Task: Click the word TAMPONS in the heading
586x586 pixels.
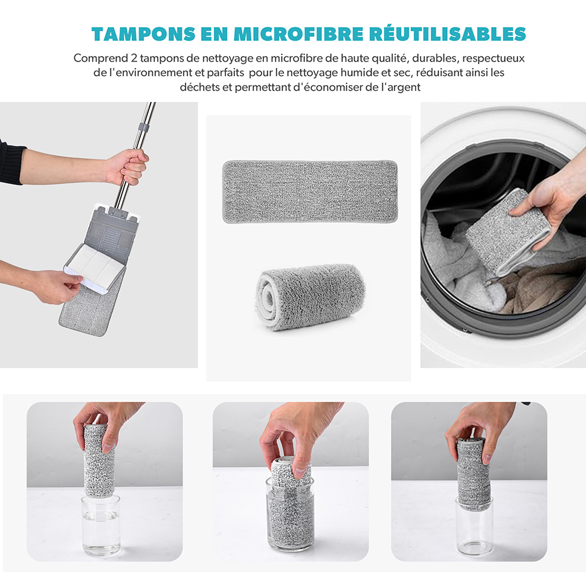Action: click(x=144, y=34)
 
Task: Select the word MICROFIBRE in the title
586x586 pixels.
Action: click(x=298, y=34)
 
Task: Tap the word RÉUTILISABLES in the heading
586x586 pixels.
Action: click(x=448, y=33)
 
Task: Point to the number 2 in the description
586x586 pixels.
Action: click(x=134, y=59)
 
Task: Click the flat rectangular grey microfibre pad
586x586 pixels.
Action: click(x=310, y=192)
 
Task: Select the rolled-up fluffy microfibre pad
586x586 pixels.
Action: click(x=310, y=297)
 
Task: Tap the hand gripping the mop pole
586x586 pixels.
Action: click(x=128, y=167)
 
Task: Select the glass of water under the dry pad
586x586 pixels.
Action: click(x=101, y=525)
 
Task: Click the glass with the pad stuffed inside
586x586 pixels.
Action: click(x=291, y=514)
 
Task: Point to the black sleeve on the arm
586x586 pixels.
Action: click(x=11, y=163)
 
